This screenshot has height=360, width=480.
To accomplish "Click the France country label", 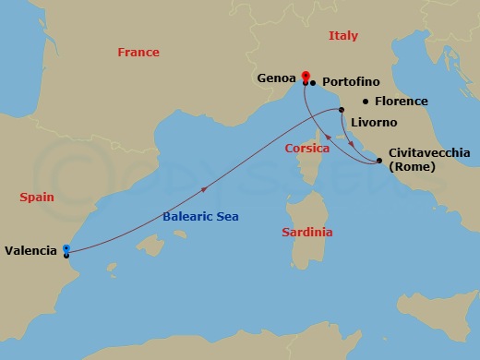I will coord(138,53).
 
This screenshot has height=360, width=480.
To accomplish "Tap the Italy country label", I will coord(342,36).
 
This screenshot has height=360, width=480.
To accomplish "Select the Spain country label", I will coord(37,197).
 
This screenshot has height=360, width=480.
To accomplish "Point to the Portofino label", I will coord(352,81).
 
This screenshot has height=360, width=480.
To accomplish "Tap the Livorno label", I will coord(374,122).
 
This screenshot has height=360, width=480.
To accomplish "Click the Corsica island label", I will coord(307,148).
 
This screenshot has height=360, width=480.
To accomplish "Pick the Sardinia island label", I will coord(307,233).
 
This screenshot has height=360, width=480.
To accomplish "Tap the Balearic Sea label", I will coord(200,216).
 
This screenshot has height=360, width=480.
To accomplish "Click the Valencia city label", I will coord(31,249).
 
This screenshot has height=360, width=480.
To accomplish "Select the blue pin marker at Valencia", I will coord(66,248).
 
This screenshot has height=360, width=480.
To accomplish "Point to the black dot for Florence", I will coord(366,102).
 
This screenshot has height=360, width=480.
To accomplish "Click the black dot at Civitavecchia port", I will coord(380,162).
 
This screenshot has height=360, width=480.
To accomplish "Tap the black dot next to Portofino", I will coord(314,83).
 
